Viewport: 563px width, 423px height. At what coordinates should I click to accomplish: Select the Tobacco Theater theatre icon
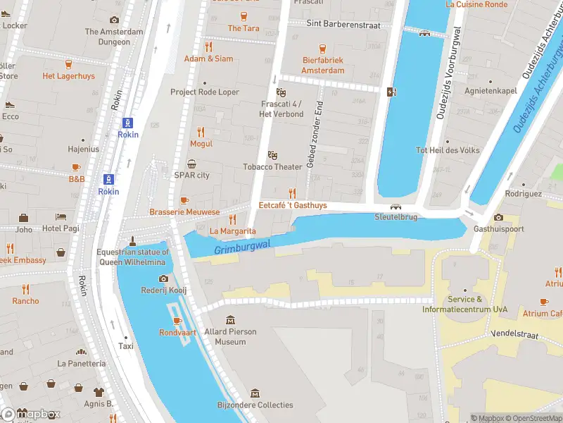(272, 155)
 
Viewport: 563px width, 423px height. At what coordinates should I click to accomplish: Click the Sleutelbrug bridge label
(397, 217)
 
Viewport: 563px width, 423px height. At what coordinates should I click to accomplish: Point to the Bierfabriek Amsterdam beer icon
(323, 49)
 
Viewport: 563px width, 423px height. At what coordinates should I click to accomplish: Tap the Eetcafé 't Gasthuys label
(293, 205)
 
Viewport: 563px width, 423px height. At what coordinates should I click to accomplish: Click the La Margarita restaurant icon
(232, 219)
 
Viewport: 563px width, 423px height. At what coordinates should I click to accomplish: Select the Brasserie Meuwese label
(184, 212)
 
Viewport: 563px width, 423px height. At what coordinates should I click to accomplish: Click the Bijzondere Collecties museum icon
(255, 393)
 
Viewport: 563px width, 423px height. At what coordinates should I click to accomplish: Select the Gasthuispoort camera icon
(498, 217)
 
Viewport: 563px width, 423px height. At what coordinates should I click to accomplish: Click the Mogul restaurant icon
(201, 132)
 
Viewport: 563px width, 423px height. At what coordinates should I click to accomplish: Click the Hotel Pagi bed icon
(61, 217)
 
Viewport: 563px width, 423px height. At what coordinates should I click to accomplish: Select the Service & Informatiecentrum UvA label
(466, 305)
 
